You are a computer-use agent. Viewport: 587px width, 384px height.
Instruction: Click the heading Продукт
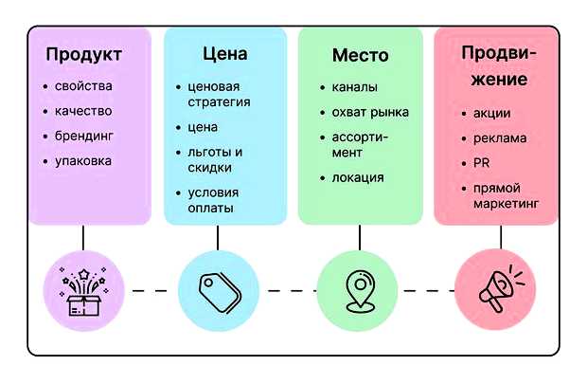[x=83, y=55]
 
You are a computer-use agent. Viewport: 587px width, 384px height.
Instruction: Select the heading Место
[x=360, y=55]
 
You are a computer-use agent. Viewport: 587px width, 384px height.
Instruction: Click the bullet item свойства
[x=82, y=86]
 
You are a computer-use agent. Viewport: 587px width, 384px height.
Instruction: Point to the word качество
[x=82, y=111]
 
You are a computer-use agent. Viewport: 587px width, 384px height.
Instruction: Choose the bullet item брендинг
[x=83, y=136]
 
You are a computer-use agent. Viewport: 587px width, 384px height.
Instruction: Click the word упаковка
[x=82, y=160]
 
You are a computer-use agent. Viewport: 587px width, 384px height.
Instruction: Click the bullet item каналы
[x=354, y=87]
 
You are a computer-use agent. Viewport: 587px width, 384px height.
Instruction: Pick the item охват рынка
[x=370, y=112]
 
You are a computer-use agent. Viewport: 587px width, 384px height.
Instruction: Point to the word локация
[x=358, y=177]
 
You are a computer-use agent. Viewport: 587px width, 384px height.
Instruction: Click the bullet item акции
[x=491, y=113]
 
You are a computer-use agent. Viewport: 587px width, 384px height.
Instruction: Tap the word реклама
[x=500, y=137]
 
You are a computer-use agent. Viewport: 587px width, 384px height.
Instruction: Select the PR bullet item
[x=484, y=163]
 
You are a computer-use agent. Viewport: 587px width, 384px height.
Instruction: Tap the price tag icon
[x=218, y=289]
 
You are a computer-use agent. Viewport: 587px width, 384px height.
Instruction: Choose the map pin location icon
[x=355, y=289]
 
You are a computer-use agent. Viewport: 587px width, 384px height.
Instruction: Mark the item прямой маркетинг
[x=506, y=195]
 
